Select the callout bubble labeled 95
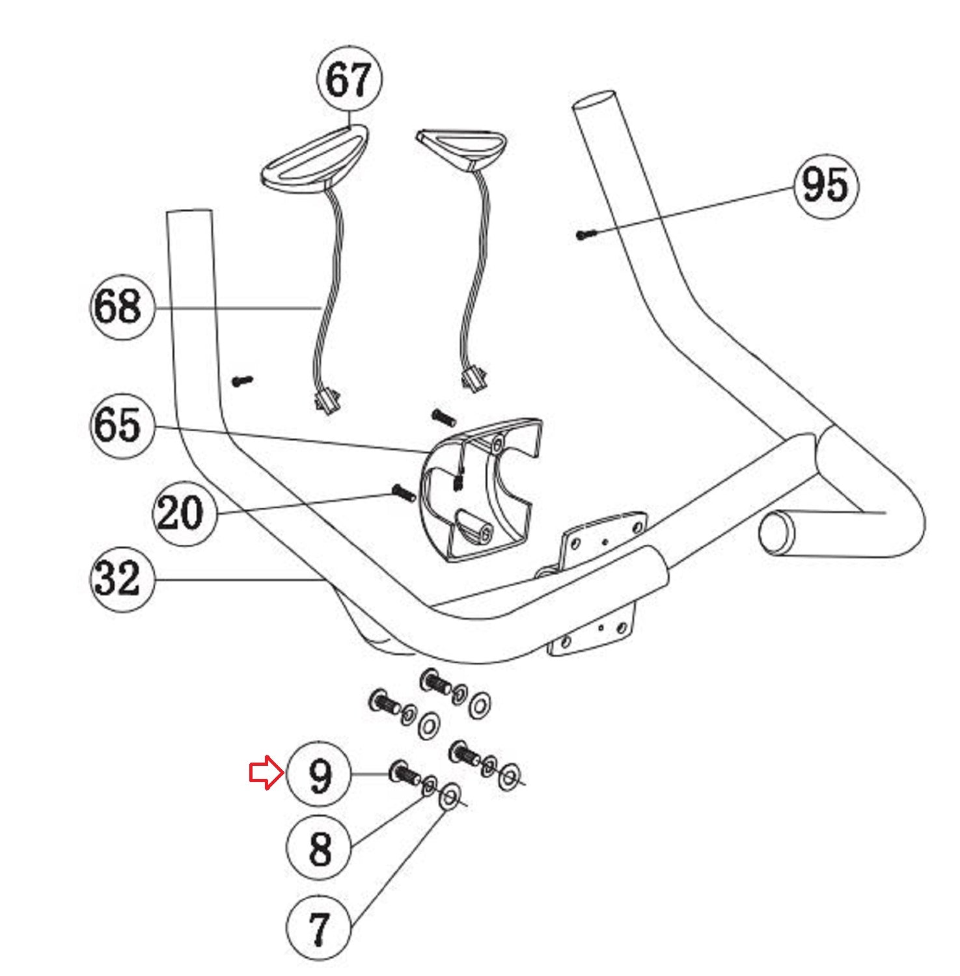(826, 185)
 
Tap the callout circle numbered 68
(122, 306)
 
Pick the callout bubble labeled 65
(122, 426)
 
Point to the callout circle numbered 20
(185, 513)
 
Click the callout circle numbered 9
(319, 774)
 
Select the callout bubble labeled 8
(319, 848)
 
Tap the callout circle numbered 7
(319, 927)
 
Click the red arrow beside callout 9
(266, 774)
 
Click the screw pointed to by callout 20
(404, 493)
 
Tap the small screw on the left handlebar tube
(242, 381)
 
